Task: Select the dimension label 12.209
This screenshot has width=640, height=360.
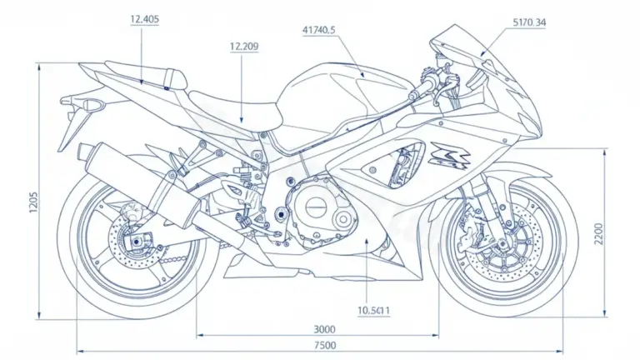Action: (242, 47)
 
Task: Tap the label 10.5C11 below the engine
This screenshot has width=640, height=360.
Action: (375, 310)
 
